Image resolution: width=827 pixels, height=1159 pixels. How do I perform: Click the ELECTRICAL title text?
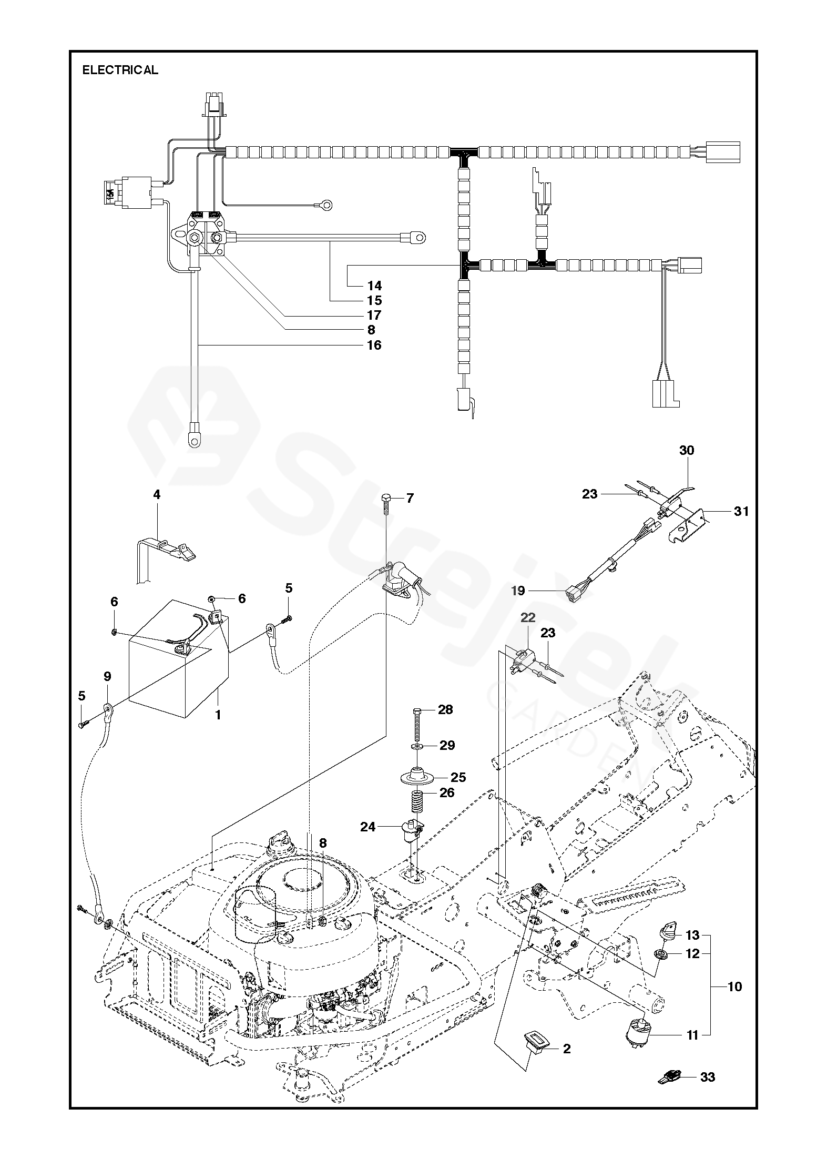coord(120,70)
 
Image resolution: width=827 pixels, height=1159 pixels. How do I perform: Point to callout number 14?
coord(375,286)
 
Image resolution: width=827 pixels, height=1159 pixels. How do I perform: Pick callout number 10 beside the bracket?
coord(734,987)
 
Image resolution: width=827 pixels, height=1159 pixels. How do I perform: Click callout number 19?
coord(518,591)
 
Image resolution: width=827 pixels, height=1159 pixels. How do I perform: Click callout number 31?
coord(741,511)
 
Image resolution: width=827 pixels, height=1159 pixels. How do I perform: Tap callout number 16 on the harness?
coord(374,345)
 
